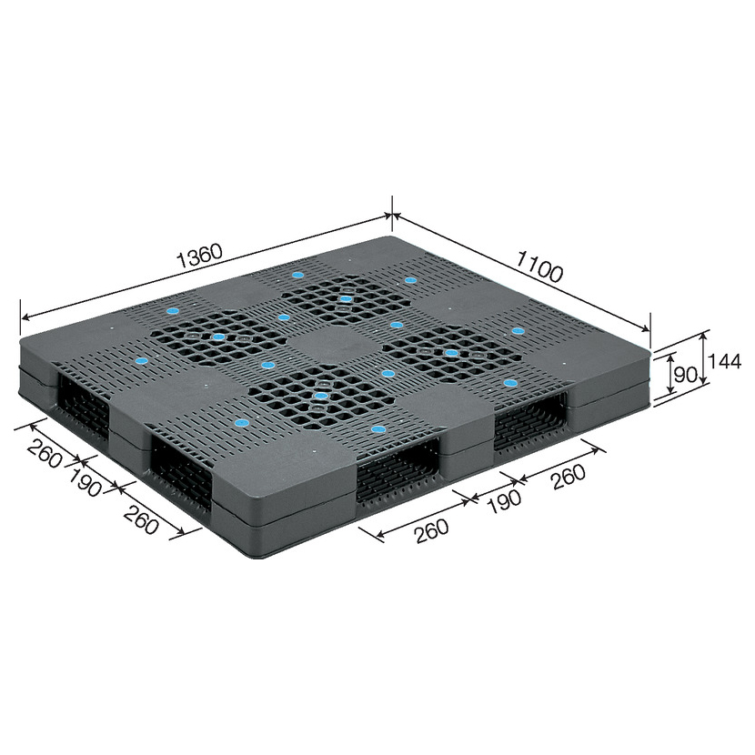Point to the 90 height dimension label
coord(685,375)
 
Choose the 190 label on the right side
coord(504,502)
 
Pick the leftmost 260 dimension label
coord(45,454)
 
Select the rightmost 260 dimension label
coord(569,477)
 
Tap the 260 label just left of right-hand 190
coord(432,530)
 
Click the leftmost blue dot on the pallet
coord(141,360)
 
